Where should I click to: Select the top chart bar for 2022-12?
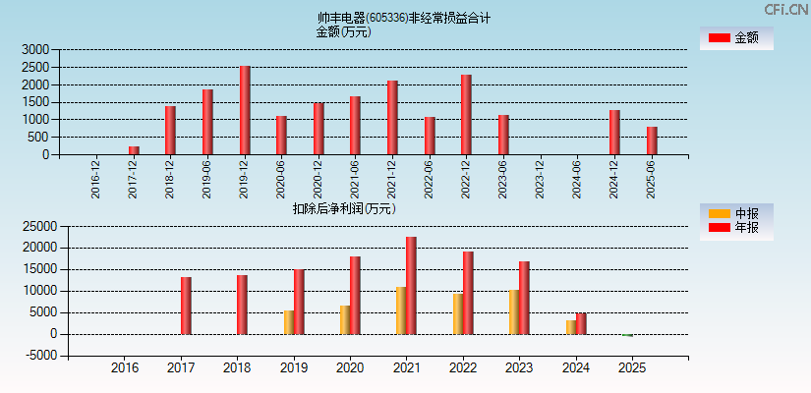466,115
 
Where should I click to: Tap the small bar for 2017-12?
134,150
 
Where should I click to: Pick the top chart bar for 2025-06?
652,140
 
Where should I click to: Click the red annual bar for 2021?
411,285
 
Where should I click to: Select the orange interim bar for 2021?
401,310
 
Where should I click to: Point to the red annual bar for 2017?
186,306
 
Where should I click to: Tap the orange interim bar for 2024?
571,327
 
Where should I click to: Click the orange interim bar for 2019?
289,322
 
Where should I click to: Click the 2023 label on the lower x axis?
520,368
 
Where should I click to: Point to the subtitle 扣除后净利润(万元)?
344,208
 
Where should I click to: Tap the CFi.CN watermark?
785,9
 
